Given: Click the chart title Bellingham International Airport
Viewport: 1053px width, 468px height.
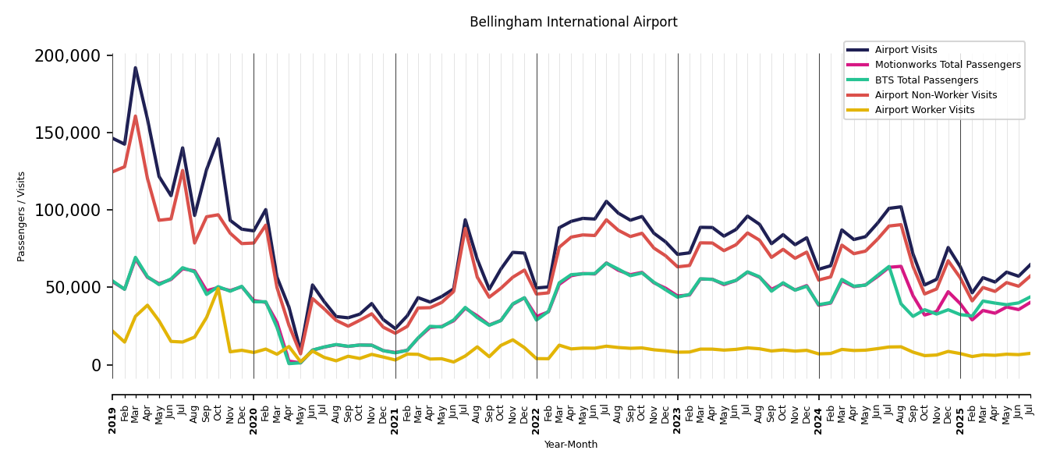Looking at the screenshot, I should pyautogui.click(x=573, y=23).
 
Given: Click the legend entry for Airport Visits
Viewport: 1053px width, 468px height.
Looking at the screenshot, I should pyautogui.click(x=906, y=50).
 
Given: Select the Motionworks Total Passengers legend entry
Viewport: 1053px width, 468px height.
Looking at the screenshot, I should pyautogui.click(x=947, y=65).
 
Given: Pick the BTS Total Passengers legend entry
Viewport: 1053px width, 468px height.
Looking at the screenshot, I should pyautogui.click(x=926, y=80).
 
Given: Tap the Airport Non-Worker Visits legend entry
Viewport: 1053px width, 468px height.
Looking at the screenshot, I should pyautogui.click(x=935, y=95).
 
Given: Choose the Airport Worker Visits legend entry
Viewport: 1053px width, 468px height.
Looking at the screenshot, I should pyautogui.click(x=924, y=110).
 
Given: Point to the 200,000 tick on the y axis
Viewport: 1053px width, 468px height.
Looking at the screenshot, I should pyautogui.click(x=68, y=56).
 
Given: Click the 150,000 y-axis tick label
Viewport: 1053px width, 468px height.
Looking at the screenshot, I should pyautogui.click(x=68, y=133).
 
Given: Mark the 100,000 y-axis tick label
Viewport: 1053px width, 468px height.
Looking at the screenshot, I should pyautogui.click(x=68, y=211).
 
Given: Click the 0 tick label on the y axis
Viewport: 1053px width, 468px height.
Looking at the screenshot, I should pyautogui.click(x=96, y=365).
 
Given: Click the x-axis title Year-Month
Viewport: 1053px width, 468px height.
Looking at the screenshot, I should pyautogui.click(x=571, y=445).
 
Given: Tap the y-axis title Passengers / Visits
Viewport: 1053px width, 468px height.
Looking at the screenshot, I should pyautogui.click(x=21, y=216).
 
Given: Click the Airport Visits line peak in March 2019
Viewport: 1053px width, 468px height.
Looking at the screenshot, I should pyautogui.click(x=135, y=68).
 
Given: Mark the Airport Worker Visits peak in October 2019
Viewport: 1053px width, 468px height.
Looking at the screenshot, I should pyautogui.click(x=218, y=289).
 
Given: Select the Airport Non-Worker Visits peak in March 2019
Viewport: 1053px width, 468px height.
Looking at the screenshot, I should pyautogui.click(x=135, y=117).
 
